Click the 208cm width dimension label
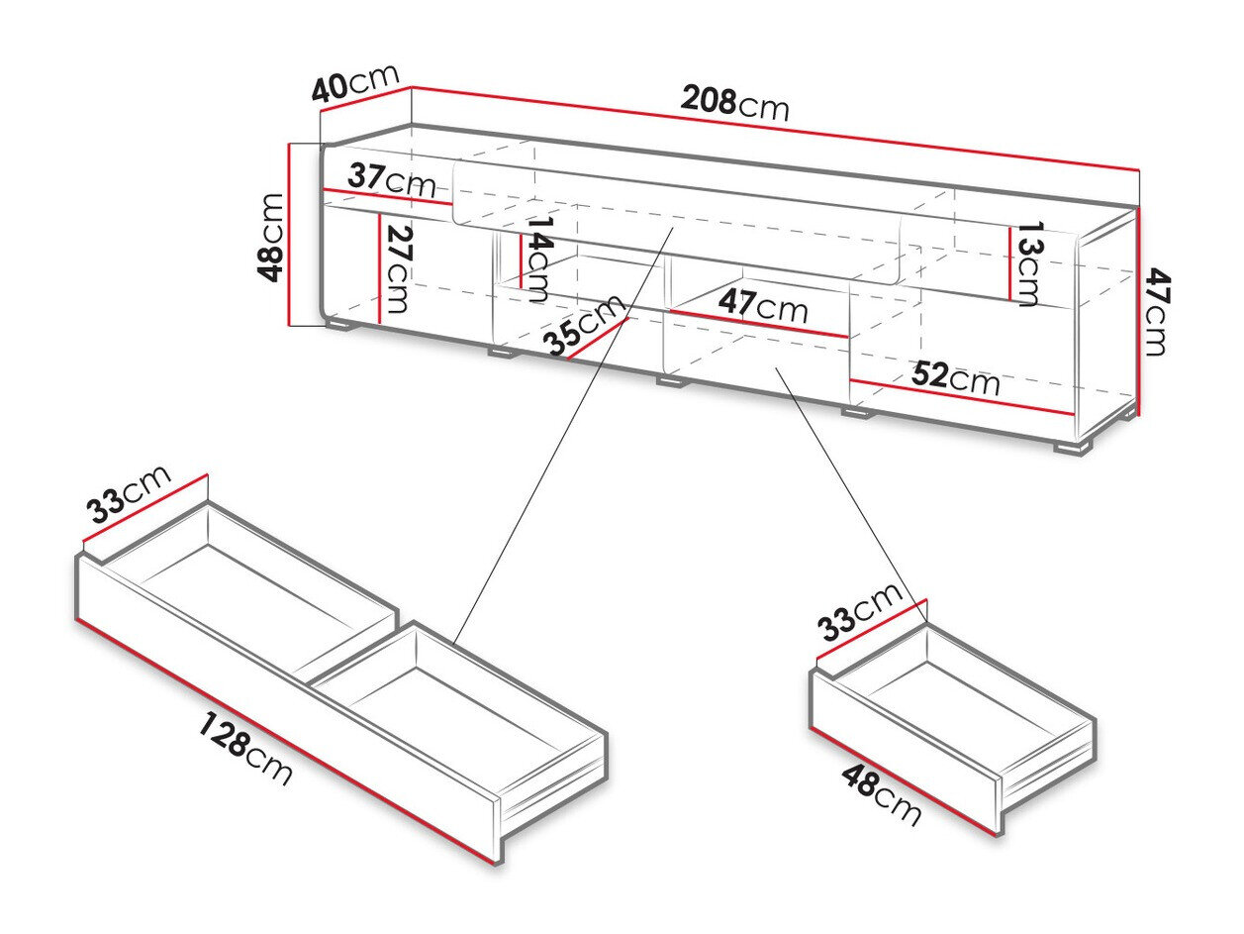click(x=734, y=102)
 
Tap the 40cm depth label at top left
click(x=354, y=83)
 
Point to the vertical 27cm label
click(x=398, y=267)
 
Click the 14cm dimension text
click(x=538, y=259)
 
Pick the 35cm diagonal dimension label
click(x=584, y=325)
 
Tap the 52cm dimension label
click(x=955, y=378)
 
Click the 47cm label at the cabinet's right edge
click(x=1156, y=314)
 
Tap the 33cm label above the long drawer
click(x=130, y=494)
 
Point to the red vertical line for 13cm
click(x=1010, y=263)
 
